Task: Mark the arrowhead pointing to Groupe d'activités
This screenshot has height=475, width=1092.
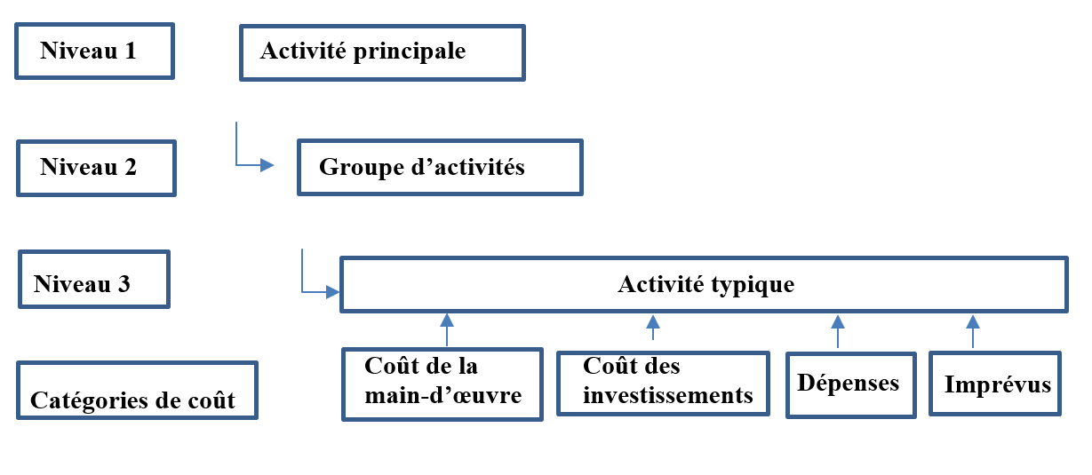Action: pyautogui.click(x=267, y=165)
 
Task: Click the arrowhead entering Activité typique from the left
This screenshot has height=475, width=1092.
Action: pyautogui.click(x=333, y=292)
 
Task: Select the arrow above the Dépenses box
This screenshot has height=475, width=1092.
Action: pyautogui.click(x=838, y=331)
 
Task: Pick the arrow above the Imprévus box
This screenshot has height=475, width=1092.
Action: pyautogui.click(x=973, y=331)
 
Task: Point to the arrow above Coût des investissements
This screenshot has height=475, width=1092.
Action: pyautogui.click(x=653, y=328)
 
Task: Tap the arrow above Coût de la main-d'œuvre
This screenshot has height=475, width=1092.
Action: pyautogui.click(x=447, y=329)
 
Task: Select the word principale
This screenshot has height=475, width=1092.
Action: pyautogui.click(x=410, y=51)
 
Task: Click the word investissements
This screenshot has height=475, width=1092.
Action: pyautogui.click(x=668, y=395)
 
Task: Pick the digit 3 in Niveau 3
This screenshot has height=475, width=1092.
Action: pyautogui.click(x=124, y=284)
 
